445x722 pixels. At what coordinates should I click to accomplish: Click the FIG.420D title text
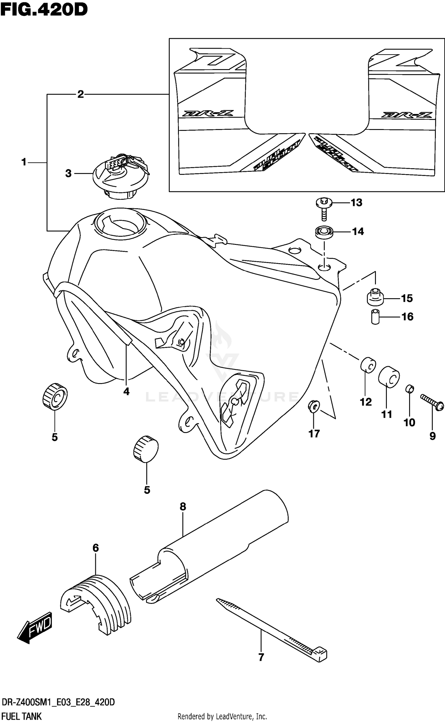44,9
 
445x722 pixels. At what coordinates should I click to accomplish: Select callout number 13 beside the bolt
356,203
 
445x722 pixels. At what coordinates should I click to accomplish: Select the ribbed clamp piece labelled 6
98,605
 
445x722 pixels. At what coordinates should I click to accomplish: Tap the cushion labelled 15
375,297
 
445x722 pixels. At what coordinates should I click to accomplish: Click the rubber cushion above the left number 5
55,396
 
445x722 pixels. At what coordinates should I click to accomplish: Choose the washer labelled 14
324,231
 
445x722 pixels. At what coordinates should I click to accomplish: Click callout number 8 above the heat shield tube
183,507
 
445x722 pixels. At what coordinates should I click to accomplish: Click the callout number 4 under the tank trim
126,391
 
